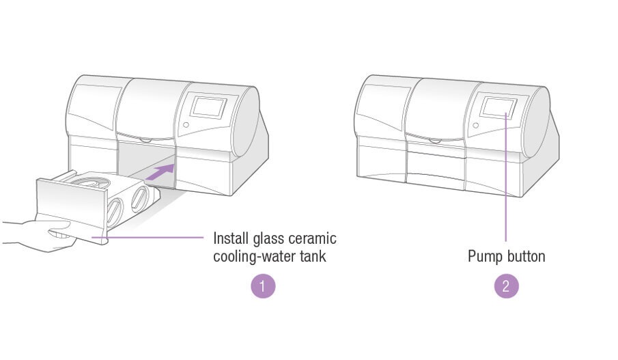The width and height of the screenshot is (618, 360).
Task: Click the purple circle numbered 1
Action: (263, 286)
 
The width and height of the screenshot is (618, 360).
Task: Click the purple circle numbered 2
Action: (507, 286)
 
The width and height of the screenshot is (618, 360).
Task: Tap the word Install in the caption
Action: (231, 238)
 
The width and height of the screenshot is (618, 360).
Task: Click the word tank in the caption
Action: (313, 256)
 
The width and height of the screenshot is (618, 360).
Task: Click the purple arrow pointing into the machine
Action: (160, 172)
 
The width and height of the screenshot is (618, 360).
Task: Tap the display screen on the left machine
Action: (208, 106)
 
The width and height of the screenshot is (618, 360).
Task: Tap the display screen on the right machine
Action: (498, 107)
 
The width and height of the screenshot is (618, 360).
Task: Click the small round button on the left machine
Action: (186, 124)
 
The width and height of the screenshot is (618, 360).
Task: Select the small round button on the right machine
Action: (476, 126)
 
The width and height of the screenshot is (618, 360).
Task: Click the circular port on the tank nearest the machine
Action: (140, 199)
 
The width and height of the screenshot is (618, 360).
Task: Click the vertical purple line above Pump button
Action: (506, 177)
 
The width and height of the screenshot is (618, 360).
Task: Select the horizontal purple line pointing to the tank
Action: (148, 237)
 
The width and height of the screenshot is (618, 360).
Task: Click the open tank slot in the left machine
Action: (146, 162)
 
